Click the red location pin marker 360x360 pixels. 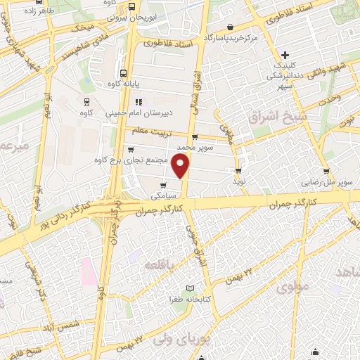point(181,165)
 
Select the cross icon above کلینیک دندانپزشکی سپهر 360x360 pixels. point(285,56)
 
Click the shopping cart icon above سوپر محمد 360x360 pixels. point(194,138)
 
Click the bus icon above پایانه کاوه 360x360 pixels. point(124,72)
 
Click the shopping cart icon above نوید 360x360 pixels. point(238,170)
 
